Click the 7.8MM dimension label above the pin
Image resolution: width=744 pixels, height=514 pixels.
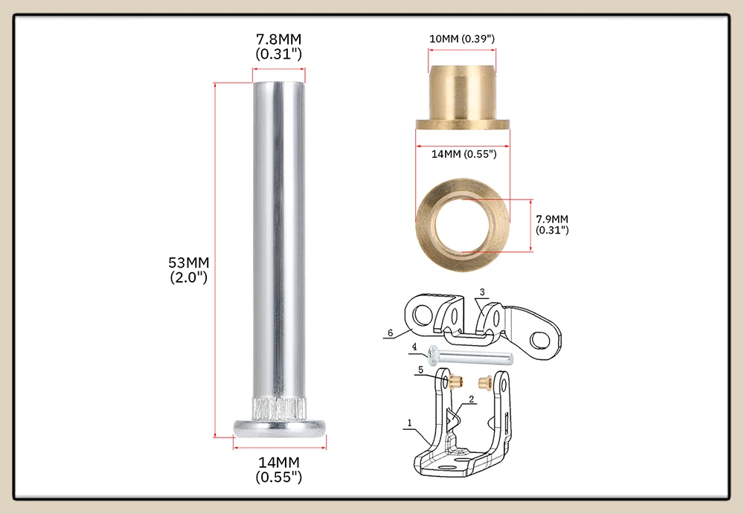[278, 46]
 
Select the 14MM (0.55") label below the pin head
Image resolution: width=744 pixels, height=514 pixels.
[278, 469]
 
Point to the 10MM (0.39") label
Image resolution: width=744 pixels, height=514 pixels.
[462, 39]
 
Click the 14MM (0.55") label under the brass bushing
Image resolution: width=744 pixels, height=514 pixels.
[464, 154]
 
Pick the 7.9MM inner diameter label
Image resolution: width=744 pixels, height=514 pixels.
[552, 225]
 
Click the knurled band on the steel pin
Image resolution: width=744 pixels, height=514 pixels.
[279, 408]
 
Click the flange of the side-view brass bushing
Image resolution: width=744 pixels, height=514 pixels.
[463, 125]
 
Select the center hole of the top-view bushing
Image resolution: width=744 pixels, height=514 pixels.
[463, 225]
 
